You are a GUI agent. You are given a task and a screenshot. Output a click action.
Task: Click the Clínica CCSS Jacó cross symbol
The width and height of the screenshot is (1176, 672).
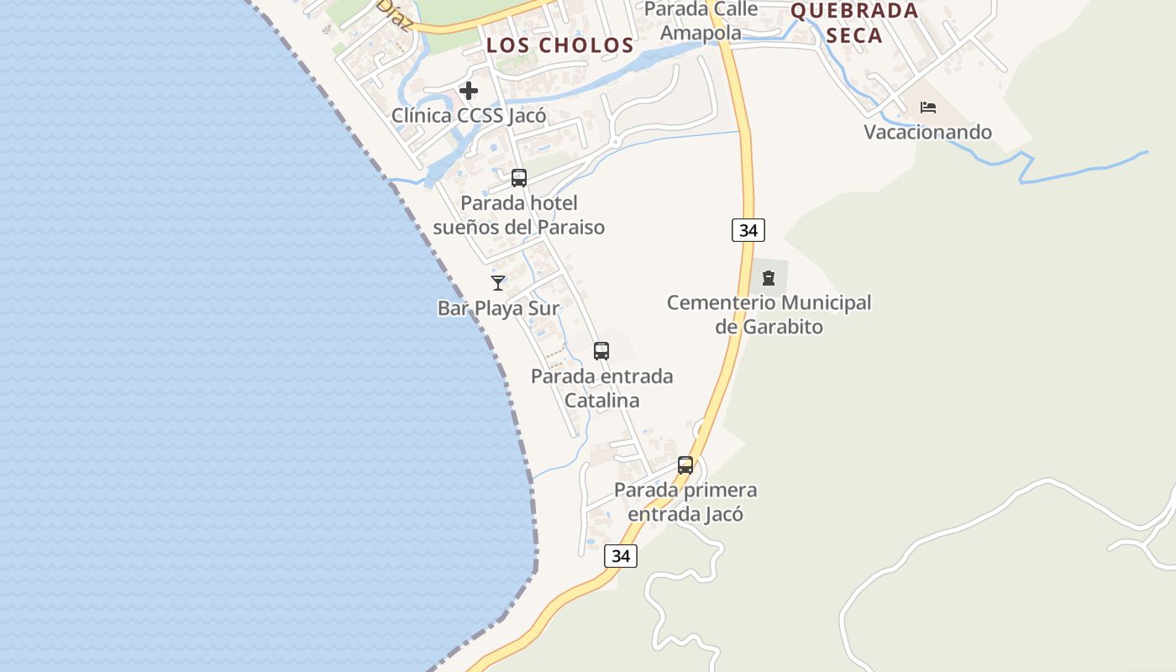coord(469,90)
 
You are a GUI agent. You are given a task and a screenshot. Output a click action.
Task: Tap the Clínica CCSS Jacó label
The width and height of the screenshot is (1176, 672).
coord(469,115)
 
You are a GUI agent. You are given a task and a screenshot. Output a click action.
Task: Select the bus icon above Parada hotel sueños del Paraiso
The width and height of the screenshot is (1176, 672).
coord(519,177)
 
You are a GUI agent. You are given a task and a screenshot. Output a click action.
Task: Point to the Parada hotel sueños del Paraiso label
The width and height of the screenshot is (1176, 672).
coord(518,215)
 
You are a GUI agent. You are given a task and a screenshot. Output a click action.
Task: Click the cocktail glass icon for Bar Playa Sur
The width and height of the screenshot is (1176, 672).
coord(498,283)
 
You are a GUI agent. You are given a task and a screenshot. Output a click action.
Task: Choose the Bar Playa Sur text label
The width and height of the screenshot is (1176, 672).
coord(498,308)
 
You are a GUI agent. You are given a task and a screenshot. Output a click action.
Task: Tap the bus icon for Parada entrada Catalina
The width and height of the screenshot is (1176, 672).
coord(601,351)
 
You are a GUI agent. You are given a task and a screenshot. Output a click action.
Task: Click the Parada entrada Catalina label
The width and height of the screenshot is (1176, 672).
coord(601,387)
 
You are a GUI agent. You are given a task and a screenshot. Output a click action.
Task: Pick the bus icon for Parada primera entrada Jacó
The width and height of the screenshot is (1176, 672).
coord(685,465)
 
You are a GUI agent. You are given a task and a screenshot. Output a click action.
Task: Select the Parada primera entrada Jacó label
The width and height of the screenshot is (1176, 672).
coord(685,501)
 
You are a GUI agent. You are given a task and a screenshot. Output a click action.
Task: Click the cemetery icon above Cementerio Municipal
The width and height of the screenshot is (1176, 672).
coord(769,277)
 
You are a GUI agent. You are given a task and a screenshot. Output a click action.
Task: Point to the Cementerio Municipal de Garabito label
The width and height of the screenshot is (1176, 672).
coord(769,314)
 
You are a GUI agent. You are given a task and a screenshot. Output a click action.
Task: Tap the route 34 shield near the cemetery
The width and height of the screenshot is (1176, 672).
coord(748,229)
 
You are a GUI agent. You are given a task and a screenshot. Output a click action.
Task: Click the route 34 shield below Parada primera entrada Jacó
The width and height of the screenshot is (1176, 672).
coord(620,555)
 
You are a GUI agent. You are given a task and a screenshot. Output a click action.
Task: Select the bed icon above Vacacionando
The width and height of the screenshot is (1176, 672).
coord(928,108)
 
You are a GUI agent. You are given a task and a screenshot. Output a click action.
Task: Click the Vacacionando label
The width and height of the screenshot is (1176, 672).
coord(928,132)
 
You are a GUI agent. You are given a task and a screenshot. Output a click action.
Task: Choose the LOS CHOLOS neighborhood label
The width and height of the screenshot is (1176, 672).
coord(560,45)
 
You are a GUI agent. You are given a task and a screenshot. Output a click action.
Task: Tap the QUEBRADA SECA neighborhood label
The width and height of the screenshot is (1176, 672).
coord(855,23)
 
